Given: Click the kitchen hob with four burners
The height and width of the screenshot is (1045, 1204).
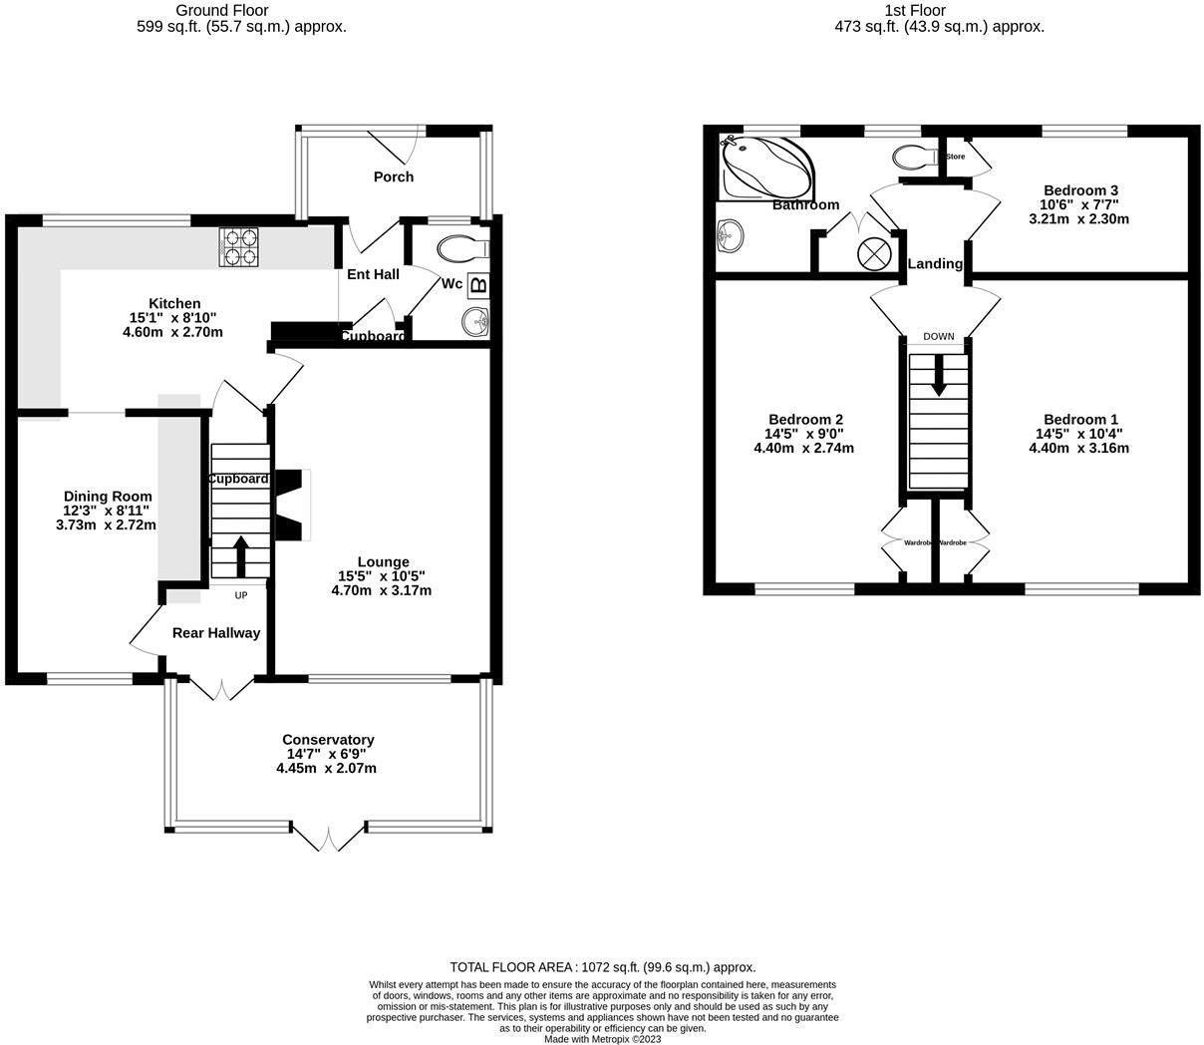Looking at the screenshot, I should [x=238, y=247].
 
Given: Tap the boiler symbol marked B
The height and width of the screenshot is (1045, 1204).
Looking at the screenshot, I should [x=478, y=286].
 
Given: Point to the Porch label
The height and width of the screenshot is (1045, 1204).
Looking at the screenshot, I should [x=394, y=176].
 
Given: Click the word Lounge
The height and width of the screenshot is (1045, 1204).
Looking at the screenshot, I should [x=384, y=562].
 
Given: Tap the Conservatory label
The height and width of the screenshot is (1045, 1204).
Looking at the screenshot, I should [x=328, y=740].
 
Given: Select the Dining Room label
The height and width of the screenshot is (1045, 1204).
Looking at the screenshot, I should [x=108, y=497].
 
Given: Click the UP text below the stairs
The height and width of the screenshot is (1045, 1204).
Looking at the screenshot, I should [x=240, y=596].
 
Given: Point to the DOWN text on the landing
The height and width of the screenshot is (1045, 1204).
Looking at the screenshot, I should [x=938, y=337].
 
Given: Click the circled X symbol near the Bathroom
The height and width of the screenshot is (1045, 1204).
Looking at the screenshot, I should [x=873, y=252].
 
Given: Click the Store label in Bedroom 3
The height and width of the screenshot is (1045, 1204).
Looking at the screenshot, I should [x=955, y=157].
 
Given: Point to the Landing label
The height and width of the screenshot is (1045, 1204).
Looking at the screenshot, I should [x=935, y=264].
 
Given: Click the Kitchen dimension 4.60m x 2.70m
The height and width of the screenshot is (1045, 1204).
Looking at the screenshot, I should [x=172, y=332].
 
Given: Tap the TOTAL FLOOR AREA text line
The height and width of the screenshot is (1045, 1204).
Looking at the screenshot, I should [x=602, y=967].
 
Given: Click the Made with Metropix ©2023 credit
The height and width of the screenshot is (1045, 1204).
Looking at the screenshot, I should [x=602, y=1039].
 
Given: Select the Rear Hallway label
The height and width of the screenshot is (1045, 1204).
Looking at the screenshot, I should [x=216, y=633].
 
